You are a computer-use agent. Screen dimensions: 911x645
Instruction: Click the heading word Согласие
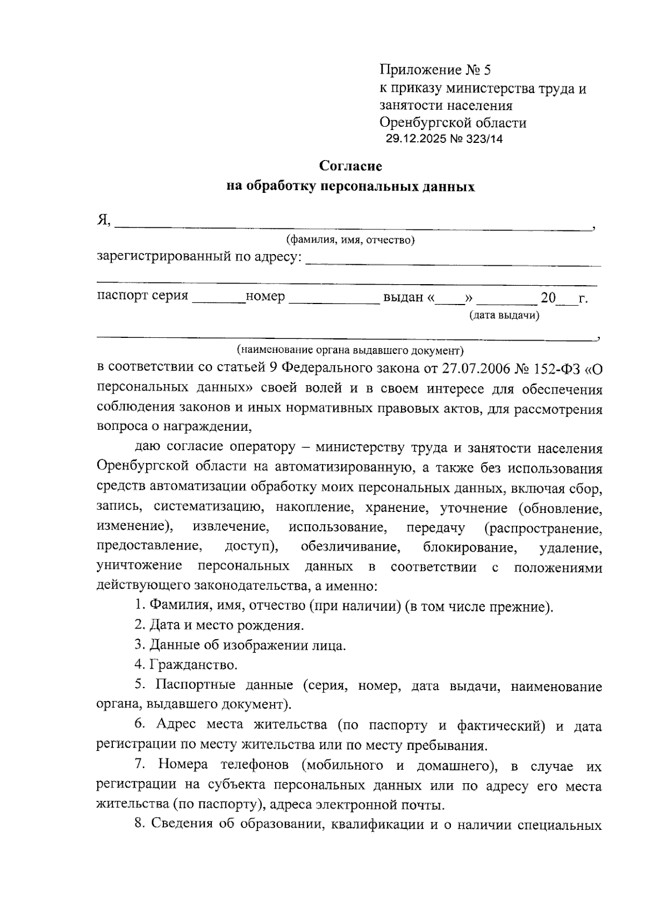pos(350,166)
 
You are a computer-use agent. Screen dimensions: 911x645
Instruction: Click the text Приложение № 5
pos(435,70)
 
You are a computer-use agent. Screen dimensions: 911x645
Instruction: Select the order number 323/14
pos(482,139)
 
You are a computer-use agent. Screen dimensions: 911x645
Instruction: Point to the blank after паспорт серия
pos(218,298)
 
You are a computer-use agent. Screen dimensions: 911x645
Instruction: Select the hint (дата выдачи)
pos(504,315)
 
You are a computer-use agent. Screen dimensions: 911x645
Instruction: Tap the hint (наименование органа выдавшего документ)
pos(350,350)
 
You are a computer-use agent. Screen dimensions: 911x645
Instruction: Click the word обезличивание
pos(350,547)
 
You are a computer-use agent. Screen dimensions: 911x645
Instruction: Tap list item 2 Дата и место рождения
pos(219,625)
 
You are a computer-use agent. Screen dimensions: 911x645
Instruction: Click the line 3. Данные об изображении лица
pos(240,645)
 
